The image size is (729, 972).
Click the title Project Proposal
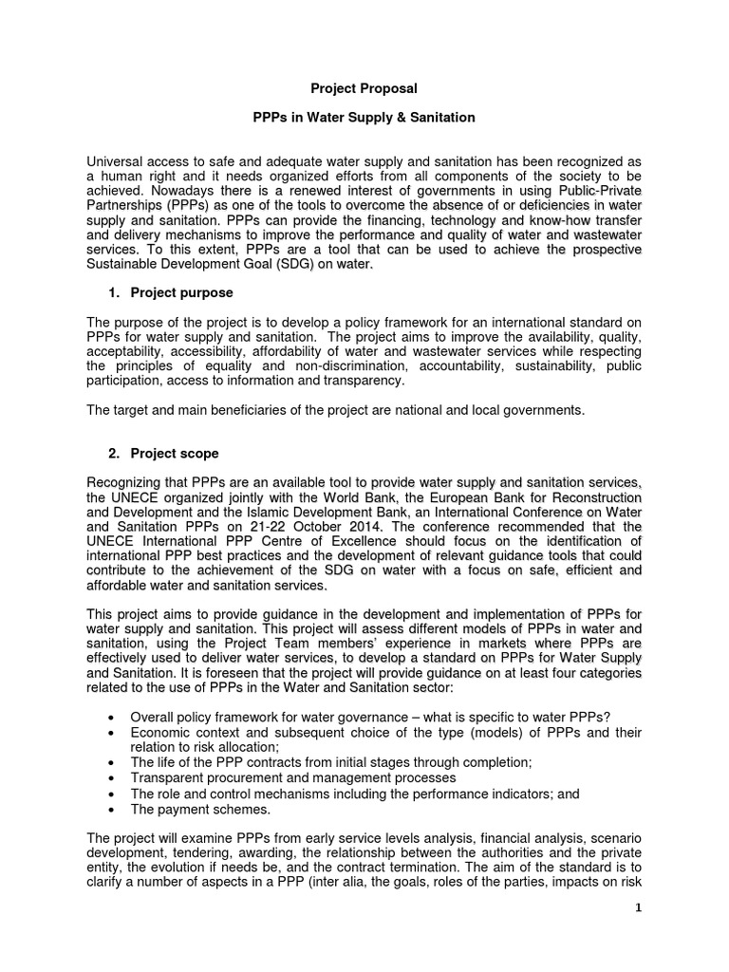tap(364, 88)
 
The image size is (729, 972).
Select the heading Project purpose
tap(181, 292)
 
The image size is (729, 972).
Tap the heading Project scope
tap(175, 454)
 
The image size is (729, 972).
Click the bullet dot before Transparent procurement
tap(114, 778)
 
